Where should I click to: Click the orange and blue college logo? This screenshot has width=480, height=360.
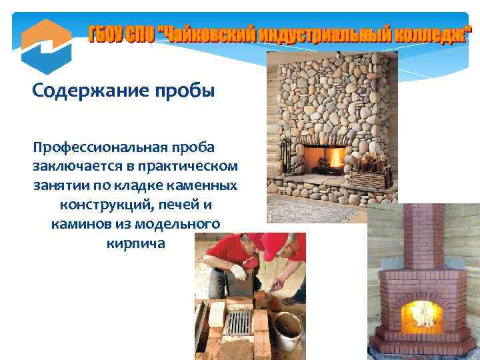(46, 45)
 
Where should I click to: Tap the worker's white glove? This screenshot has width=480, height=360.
(238, 272)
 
